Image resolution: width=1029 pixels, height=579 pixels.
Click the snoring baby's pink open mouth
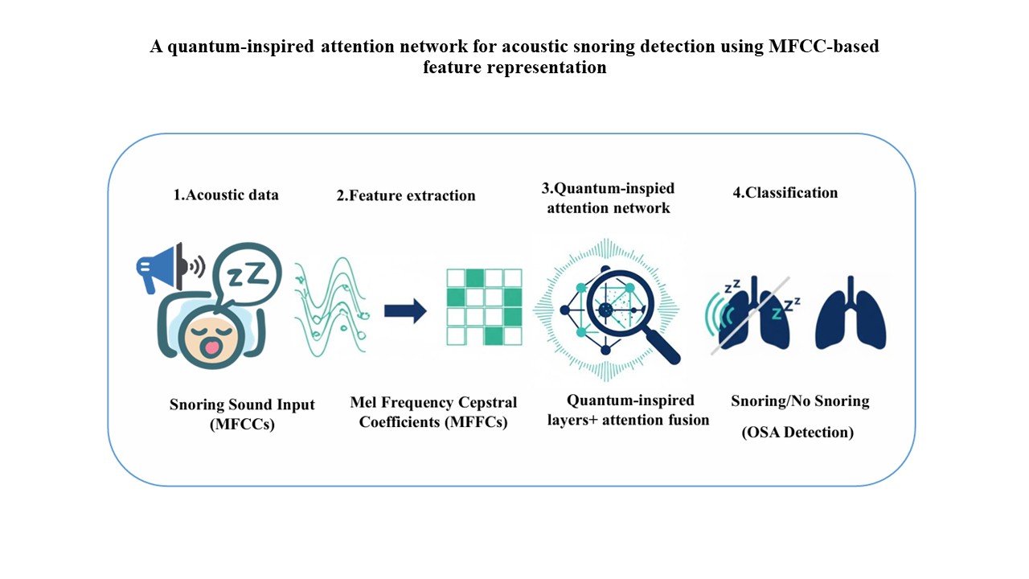tap(212, 346)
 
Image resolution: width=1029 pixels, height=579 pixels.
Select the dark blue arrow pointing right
tap(405, 310)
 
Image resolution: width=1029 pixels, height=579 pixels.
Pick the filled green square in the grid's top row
tap(475, 278)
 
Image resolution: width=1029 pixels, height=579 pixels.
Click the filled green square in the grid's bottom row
tap(494, 336)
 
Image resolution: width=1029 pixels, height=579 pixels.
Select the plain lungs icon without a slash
tap(851, 314)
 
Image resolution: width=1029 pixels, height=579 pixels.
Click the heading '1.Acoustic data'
tap(226, 195)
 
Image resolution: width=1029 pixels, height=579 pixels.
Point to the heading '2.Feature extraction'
tap(406, 195)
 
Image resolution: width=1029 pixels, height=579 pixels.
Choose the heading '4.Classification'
tap(785, 192)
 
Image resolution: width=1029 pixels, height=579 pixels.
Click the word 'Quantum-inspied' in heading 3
tap(613, 188)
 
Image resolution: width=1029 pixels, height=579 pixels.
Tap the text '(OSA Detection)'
tap(797, 432)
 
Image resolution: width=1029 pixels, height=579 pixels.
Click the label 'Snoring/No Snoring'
tap(800, 401)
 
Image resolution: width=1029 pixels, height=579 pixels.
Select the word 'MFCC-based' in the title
tap(824, 46)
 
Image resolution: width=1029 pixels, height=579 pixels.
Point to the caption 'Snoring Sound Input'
tap(242, 404)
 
